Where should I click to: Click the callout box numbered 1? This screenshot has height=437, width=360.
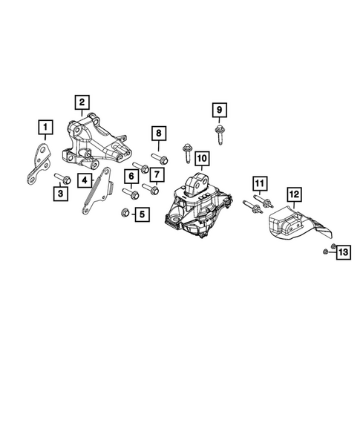pyautogui.click(x=46, y=129)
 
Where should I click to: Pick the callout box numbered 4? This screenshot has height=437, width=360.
pyautogui.click(x=86, y=180)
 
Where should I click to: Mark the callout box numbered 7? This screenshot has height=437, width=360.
pyautogui.click(x=157, y=175)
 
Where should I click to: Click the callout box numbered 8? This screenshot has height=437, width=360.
pyautogui.click(x=157, y=134)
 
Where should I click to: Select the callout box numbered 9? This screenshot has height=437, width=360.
pyautogui.click(x=219, y=111)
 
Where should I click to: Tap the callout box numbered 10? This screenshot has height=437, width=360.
pyautogui.click(x=202, y=158)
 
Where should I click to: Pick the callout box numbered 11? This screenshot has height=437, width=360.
pyautogui.click(x=258, y=183)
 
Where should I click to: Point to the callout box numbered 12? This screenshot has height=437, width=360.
pyautogui.click(x=294, y=194)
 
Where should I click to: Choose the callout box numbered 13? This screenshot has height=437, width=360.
pyautogui.click(x=342, y=253)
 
